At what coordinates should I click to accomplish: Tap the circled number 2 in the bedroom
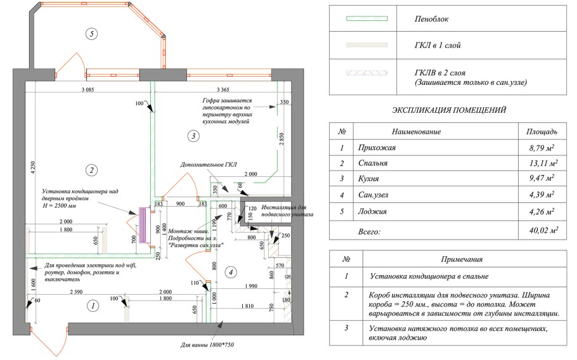91,170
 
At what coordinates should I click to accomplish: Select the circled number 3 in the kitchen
193,135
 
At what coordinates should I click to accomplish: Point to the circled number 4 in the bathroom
231,273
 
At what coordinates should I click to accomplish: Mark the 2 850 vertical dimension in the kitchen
282,141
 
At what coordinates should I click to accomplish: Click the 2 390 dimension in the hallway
76,291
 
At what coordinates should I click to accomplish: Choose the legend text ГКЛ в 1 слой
438,46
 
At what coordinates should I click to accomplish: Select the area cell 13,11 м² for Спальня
541,163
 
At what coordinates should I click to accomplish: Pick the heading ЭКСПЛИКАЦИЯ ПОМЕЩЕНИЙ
449,110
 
